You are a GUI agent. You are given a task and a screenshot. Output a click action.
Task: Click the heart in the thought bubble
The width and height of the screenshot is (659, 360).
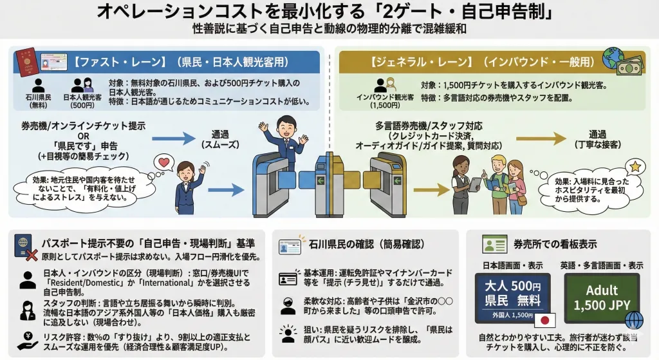coord(163,162)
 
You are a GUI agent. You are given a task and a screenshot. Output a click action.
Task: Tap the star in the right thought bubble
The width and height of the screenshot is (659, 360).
coord(635,167)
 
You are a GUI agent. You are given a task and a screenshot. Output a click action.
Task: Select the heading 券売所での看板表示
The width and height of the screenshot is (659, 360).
coord(555,245)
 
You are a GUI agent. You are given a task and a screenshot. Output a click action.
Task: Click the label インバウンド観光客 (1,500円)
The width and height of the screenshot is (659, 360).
coord(385,101)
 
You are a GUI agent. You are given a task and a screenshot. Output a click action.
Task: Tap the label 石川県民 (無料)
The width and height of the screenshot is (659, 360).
coord(37,101)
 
